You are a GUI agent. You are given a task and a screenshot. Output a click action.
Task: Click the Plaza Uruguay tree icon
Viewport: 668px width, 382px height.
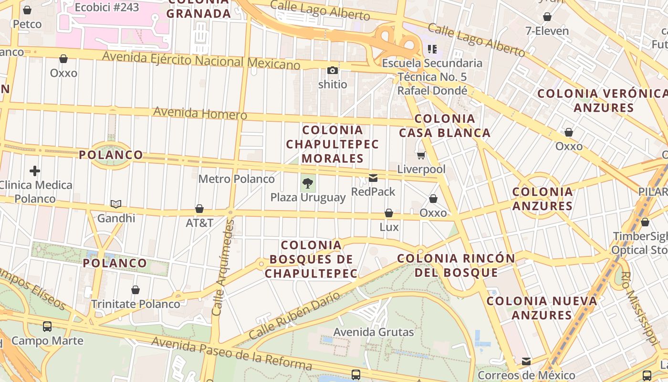pos(308,182)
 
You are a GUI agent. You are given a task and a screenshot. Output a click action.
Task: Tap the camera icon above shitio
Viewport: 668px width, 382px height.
pos(333,71)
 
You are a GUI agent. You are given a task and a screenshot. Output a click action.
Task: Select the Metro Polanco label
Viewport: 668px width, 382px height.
pos(237,179)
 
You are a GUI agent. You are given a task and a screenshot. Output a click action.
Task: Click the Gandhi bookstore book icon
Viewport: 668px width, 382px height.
pos(116,204)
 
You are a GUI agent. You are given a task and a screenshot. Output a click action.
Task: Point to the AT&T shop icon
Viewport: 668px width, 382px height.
pos(199,209)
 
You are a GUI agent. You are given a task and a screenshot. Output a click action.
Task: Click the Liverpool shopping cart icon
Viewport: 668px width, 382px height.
pos(421,155)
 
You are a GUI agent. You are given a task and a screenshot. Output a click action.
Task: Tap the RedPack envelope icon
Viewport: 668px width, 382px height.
pos(373,178)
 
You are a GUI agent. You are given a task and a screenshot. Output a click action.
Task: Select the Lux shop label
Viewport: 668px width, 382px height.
pos(389,227)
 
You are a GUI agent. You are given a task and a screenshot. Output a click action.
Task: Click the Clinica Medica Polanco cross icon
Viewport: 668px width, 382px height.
pos(35,170)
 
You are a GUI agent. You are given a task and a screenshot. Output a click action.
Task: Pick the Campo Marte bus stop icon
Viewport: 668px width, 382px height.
pos(47,327)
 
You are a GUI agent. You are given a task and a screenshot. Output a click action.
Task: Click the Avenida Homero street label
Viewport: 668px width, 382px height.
pos(200,114)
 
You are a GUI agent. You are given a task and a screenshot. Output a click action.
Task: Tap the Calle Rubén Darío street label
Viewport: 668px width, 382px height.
pos(294,316)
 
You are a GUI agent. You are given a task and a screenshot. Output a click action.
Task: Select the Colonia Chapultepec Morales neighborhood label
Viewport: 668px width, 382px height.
pos(333,144)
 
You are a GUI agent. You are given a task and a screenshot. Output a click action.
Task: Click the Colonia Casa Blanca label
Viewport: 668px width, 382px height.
pos(445,126)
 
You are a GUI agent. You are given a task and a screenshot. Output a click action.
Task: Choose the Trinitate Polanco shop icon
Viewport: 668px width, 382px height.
pos(136,290)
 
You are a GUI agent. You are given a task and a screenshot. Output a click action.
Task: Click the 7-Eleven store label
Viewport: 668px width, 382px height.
pos(547,31)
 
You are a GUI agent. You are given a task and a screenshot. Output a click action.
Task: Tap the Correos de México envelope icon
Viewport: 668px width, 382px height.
pos(526,361)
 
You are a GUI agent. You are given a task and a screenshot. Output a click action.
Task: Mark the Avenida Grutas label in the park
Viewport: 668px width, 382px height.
pos(374,332)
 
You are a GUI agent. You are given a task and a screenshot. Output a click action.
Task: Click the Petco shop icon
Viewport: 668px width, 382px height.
pos(27,10)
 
